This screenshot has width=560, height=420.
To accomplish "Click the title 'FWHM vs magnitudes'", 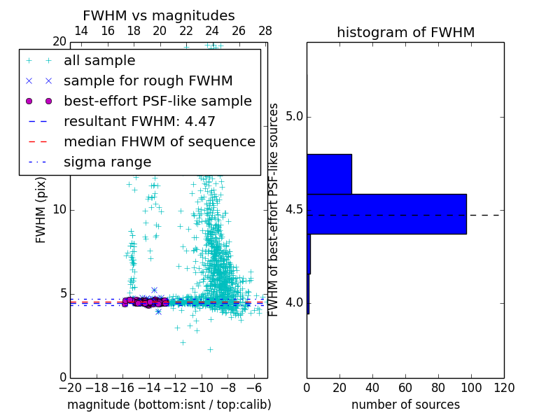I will (x=159, y=16).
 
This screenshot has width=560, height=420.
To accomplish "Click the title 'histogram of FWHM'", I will (x=405, y=33).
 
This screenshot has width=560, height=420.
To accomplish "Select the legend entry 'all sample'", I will (x=99, y=61).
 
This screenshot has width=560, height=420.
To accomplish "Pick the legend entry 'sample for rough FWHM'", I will (x=148, y=81).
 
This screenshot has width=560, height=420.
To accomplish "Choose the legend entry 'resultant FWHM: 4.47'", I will (x=139, y=122).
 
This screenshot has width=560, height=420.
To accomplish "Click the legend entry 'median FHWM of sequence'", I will (x=159, y=142).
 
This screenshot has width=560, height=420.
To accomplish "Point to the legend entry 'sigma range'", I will (x=107, y=162).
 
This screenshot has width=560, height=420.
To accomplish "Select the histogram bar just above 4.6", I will (x=329, y=174).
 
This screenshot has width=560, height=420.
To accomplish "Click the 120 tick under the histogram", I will (x=504, y=388).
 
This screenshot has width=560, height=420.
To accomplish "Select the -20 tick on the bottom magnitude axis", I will (x=70, y=388).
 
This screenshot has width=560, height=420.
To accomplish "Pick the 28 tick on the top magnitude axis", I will (x=265, y=31).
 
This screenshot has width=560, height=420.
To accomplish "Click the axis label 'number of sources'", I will (x=405, y=405).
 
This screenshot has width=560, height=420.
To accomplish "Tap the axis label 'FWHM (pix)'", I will (x=41, y=210).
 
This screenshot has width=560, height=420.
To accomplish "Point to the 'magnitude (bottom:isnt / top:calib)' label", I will (x=169, y=405).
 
